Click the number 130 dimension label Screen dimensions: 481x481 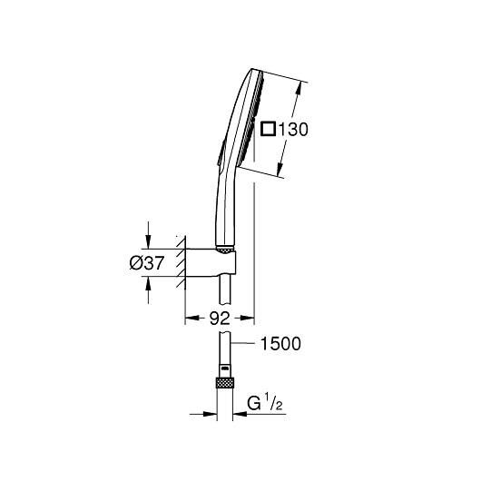(291, 130)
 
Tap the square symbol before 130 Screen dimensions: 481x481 (267, 130)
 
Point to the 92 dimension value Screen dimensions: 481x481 (218, 319)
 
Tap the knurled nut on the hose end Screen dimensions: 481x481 (222, 381)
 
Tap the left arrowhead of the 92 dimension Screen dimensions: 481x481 (190, 319)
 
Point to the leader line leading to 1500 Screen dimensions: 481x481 (242, 344)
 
